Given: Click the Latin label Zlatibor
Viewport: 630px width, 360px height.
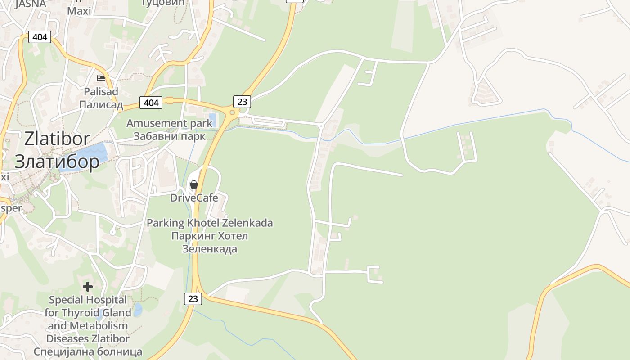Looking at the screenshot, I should (57, 139).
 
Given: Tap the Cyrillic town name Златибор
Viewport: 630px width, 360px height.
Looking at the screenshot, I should (57, 162).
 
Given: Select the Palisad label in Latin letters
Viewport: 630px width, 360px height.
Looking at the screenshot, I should (101, 92).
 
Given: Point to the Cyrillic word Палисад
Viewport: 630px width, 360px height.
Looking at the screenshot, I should (101, 105).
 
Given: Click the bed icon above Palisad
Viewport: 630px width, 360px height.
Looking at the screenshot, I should (101, 78).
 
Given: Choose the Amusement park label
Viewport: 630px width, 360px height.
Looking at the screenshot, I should (169, 123).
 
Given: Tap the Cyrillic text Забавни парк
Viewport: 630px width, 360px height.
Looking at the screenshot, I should (169, 136).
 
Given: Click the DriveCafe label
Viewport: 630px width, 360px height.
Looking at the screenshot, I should (194, 198).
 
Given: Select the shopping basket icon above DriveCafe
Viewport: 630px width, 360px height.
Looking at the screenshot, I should (194, 184).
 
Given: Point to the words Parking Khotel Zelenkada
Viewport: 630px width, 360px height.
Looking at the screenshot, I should (210, 223).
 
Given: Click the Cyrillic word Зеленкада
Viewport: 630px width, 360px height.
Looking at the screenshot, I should (210, 249).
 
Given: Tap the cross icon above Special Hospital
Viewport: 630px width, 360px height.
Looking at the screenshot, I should (88, 286).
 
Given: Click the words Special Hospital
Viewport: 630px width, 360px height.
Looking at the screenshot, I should (88, 300).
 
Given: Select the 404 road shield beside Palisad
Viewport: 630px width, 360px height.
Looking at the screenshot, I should (151, 103).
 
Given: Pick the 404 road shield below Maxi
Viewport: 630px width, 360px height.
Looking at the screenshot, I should (40, 37).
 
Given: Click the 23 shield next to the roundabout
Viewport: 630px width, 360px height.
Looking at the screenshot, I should (242, 101).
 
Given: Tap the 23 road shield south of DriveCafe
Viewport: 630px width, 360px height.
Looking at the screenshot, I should (193, 298).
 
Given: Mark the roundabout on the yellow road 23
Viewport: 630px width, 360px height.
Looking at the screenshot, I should (232, 112).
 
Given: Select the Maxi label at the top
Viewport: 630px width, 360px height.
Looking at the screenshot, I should (79, 10).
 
